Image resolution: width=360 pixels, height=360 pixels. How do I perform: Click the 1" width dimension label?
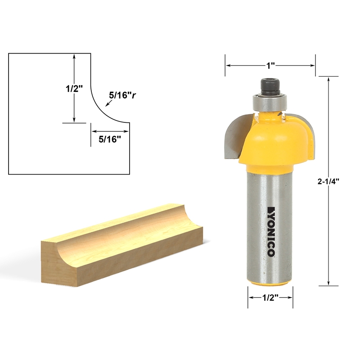click(270, 66)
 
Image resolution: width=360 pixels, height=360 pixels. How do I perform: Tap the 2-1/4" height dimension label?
click(328, 182)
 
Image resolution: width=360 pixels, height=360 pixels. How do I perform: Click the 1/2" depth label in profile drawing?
click(72, 89)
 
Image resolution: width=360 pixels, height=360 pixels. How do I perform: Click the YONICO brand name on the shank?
click(270, 231)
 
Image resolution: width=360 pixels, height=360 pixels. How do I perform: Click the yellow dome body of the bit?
click(274, 139)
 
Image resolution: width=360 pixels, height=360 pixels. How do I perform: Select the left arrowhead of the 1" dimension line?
click(228, 66)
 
